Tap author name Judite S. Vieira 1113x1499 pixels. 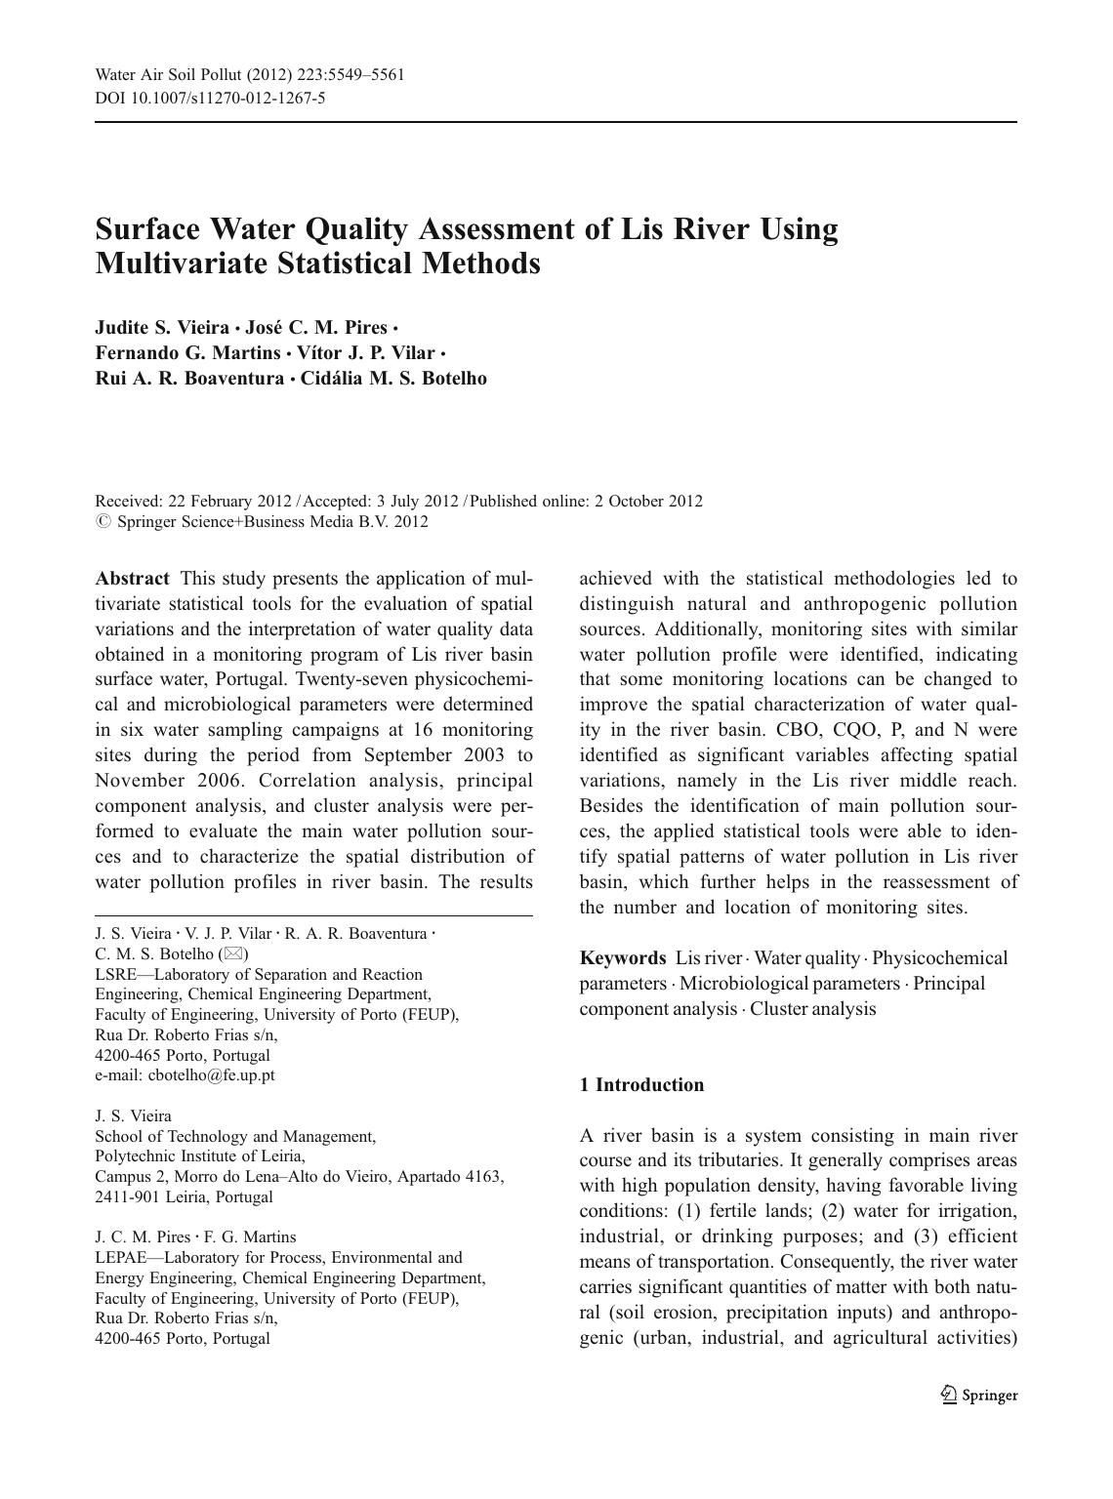(x=162, y=328)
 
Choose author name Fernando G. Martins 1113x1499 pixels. (x=187, y=353)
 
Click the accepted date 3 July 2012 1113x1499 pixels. (x=417, y=502)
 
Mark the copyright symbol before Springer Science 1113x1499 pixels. (x=103, y=522)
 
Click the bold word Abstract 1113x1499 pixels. (x=132, y=579)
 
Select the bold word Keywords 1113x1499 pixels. (x=622, y=958)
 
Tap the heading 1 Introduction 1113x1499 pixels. (x=641, y=1085)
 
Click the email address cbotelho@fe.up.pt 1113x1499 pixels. (x=211, y=1075)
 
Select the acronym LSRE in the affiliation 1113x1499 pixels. (x=116, y=975)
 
